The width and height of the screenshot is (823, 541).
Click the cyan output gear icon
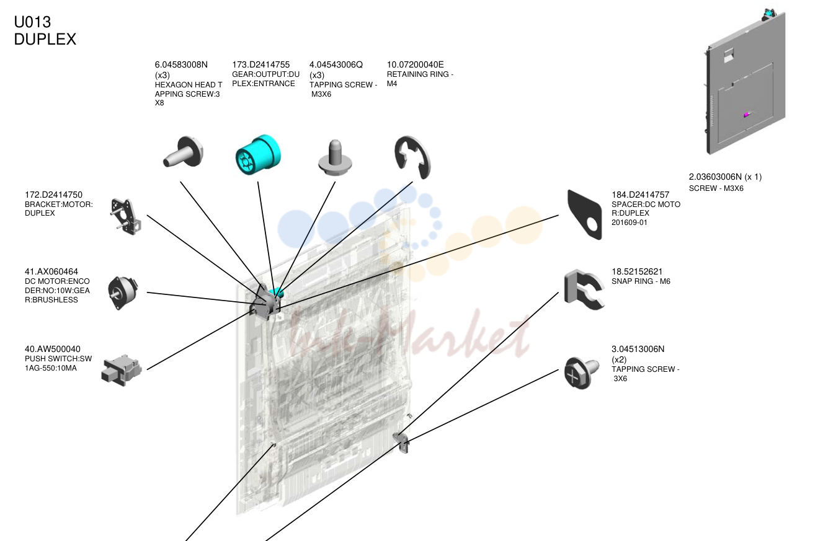pyautogui.click(x=258, y=154)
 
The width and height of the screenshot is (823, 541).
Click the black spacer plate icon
pyautogui.click(x=584, y=214)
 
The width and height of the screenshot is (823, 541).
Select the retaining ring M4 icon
pyautogui.click(x=412, y=157)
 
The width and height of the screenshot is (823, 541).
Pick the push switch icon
pyautogui.click(x=122, y=370)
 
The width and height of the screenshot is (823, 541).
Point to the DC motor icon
pyautogui.click(x=123, y=293)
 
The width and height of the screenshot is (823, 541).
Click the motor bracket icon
pyautogui.click(x=125, y=216)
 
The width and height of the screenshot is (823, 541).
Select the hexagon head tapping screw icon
pyautogui.click(x=183, y=152)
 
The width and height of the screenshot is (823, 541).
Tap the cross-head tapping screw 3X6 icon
pyautogui.click(x=582, y=373)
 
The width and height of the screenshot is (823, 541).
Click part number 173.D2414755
pyautogui.click(x=261, y=64)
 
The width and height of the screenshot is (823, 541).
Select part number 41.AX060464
pyautogui.click(x=51, y=271)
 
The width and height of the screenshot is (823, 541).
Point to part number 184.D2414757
pyautogui.click(x=641, y=195)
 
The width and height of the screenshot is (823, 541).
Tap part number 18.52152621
pyautogui.click(x=637, y=271)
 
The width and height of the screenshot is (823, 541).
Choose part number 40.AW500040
pyautogui.click(x=53, y=349)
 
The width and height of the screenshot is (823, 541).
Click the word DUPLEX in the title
pyautogui.click(x=45, y=39)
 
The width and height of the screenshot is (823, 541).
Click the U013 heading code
pyautogui.click(x=32, y=22)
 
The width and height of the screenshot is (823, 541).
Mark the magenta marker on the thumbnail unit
pyautogui.click(x=746, y=115)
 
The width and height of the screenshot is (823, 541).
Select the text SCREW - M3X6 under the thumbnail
pyautogui.click(x=716, y=188)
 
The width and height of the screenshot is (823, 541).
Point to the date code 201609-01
pyautogui.click(x=629, y=222)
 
